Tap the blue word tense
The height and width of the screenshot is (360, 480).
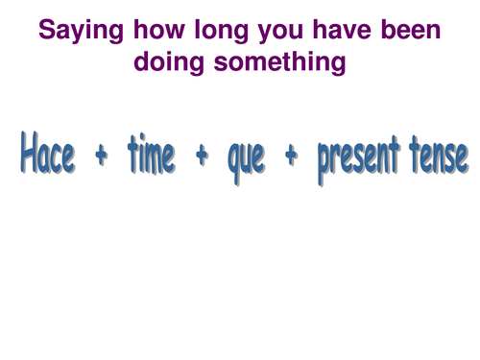click(439, 154)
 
